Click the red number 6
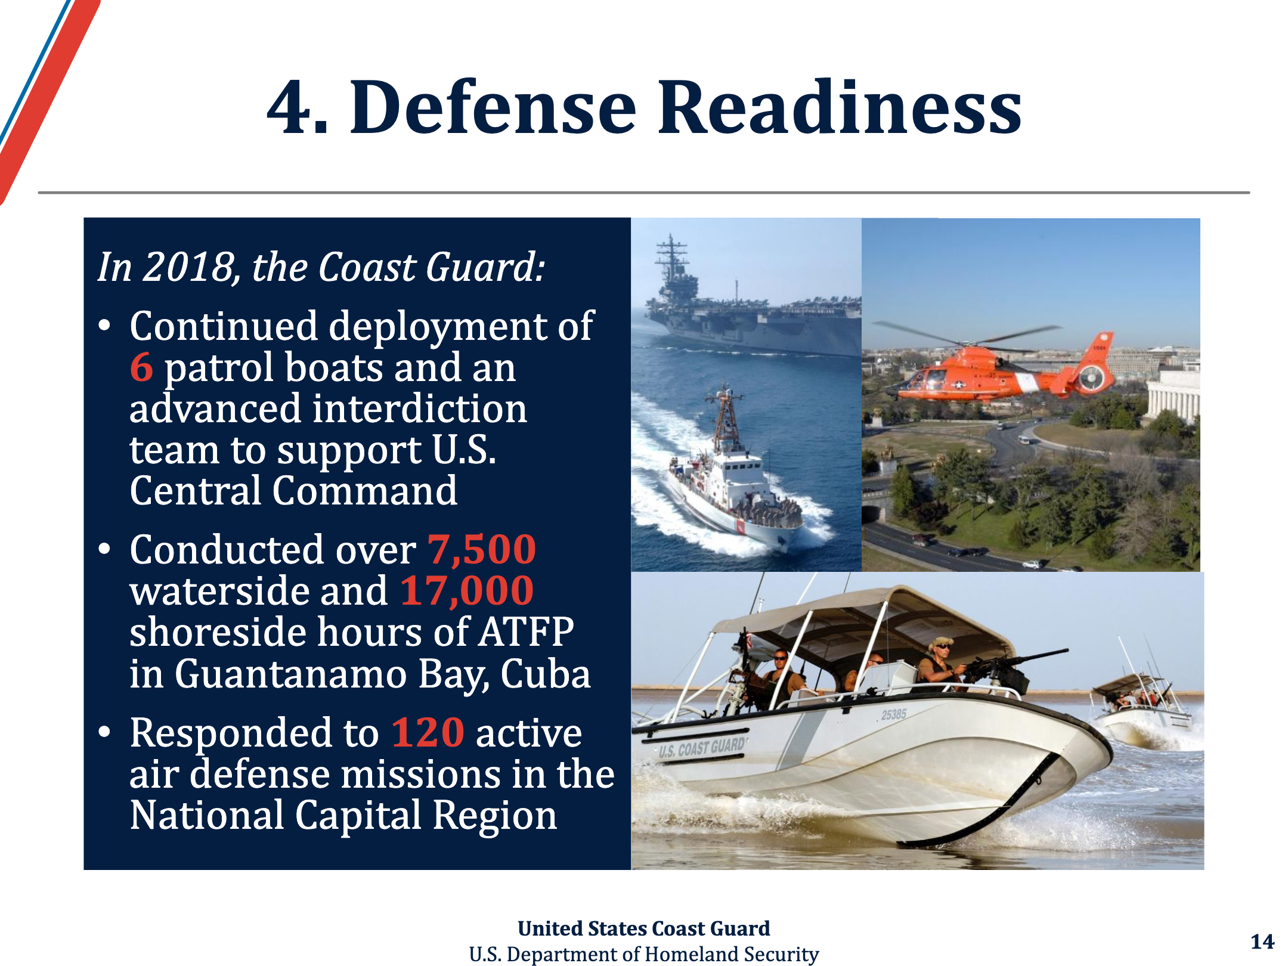[141, 367]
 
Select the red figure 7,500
[482, 550]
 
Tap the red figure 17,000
[467, 591]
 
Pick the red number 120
[428, 732]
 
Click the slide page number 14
[1262, 942]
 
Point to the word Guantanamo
[290, 674]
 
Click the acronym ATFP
[527, 632]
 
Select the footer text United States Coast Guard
[644, 928]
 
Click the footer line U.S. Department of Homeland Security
[644, 954]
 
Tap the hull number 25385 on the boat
[894, 714]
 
